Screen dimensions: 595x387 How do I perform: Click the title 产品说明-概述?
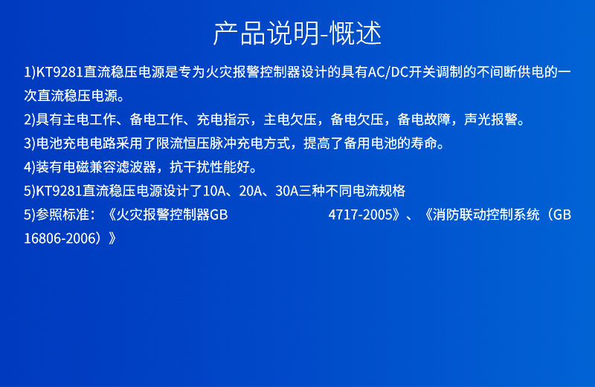[x=297, y=33]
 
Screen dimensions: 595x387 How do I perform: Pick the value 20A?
[x=251, y=191]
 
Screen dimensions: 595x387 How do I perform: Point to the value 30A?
[x=287, y=191]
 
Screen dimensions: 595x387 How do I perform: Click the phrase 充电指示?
[x=223, y=120]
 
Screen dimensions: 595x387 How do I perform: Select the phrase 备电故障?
[x=424, y=120]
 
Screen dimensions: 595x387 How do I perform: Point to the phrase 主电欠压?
[x=290, y=120]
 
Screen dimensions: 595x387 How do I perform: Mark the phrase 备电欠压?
[x=357, y=120]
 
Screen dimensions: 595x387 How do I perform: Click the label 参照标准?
[x=62, y=215]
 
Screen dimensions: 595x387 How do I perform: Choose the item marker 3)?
[x=30, y=143]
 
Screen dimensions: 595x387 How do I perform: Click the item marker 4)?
[x=30, y=167]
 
